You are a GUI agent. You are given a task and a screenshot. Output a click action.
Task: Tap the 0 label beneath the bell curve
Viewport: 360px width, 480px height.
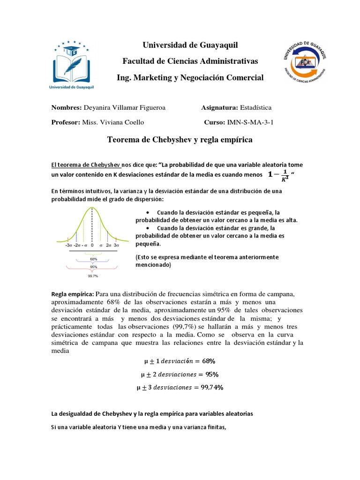pos(92,245)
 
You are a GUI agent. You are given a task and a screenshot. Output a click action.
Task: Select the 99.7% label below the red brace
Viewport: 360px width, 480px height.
pos(93,276)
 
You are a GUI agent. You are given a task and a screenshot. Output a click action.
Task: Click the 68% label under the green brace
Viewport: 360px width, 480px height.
pos(93,259)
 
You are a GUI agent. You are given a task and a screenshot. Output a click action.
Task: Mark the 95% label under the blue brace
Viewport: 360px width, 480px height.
pos(93,267)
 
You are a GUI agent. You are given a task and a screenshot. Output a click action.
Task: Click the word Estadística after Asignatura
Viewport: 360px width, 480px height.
pos(256,108)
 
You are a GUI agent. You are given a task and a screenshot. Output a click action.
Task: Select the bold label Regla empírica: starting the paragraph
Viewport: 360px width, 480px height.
pos(73,294)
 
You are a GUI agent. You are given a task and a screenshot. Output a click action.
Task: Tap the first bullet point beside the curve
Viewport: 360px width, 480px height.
pos(148,211)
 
